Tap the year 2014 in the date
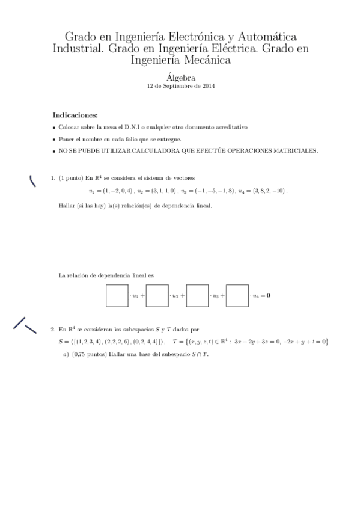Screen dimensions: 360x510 click(208, 85)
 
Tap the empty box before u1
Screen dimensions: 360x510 click(117, 295)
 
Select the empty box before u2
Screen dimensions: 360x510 click(157, 295)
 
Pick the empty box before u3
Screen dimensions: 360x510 click(197, 295)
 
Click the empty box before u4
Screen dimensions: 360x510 click(237, 295)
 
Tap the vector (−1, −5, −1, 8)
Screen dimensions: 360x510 click(215, 191)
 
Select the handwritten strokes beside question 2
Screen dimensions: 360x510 click(25, 325)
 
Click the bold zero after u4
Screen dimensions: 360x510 click(268, 296)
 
